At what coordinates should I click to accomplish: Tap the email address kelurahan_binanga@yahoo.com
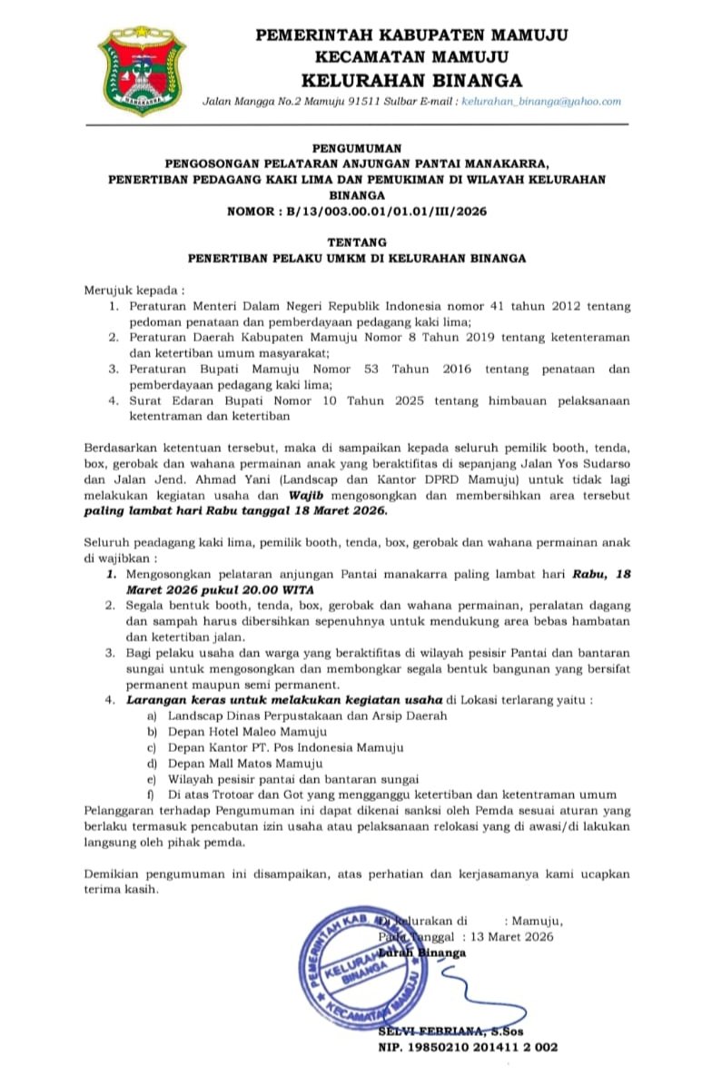[x=541, y=103]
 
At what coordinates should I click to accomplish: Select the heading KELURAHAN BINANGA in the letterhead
[x=411, y=78]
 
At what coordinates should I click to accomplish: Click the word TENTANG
[x=356, y=243]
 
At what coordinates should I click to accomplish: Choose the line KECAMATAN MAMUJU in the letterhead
[x=411, y=56]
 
